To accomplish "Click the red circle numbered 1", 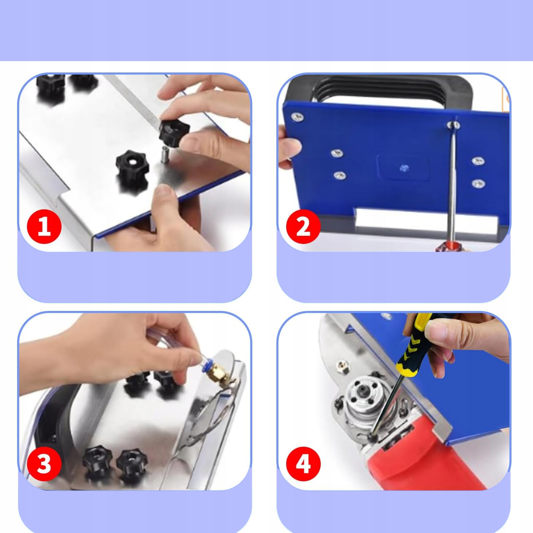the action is (44, 226).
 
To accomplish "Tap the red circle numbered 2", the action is (303, 226).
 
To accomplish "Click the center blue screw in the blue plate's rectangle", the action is (404, 167).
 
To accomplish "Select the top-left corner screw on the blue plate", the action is (297, 117).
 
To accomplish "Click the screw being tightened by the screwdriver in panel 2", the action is (453, 125).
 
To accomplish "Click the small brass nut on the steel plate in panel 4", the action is (342, 366).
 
